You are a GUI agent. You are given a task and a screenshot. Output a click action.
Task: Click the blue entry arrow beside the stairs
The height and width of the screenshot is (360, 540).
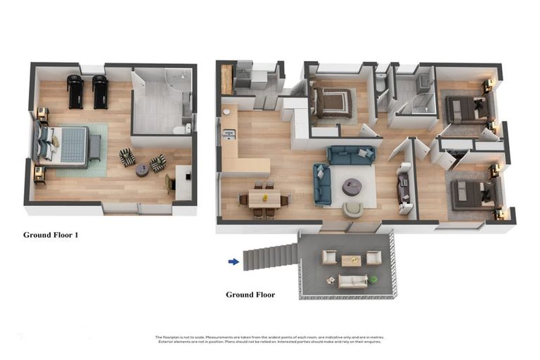pyautogui.click(x=233, y=262)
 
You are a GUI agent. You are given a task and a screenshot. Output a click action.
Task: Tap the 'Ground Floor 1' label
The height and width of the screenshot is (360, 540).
pyautogui.click(x=51, y=235)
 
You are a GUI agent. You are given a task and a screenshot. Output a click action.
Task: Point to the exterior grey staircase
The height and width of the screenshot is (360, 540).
pyautogui.click(x=270, y=256)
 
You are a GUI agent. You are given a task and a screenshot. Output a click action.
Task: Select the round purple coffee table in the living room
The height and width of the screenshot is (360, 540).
pyautogui.click(x=352, y=186)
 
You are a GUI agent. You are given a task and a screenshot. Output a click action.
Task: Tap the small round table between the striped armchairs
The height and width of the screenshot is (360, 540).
pyautogui.click(x=142, y=169)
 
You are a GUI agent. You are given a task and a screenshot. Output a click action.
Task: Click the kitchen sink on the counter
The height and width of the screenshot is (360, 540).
pyautogui.click(x=229, y=133)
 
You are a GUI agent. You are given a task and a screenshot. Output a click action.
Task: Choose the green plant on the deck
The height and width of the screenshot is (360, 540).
pyautogui.click(x=373, y=280)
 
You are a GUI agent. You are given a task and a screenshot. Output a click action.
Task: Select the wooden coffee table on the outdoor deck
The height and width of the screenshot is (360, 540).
pyautogui.click(x=351, y=261)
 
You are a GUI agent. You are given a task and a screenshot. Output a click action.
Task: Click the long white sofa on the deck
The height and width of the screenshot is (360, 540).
pyautogui.click(x=352, y=281)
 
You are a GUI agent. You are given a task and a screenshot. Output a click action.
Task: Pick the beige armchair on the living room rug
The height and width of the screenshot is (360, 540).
pyautogui.click(x=353, y=209)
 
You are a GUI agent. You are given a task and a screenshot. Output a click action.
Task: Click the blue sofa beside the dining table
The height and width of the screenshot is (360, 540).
pyautogui.click(x=322, y=184)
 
